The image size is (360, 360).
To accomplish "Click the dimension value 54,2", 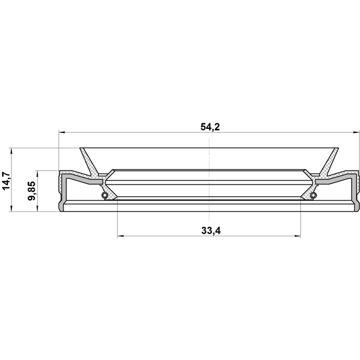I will pos(209,127).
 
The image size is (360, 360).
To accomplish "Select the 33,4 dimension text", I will pos(209,229).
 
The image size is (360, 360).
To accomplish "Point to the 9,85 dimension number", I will pos(31,191).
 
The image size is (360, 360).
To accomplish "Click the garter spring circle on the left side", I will pos(103,195).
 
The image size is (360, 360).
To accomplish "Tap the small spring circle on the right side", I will pos(313,195).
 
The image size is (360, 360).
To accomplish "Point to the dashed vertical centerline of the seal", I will pos(209,169).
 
